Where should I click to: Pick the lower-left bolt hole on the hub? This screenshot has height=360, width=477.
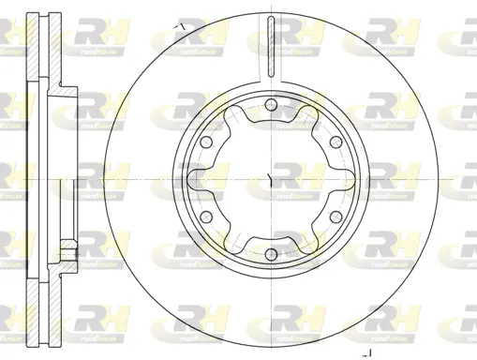205,215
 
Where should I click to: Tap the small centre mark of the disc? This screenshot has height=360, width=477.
270,177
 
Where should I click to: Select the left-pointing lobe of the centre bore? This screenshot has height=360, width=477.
194,177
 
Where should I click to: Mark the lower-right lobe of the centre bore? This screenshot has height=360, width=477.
306,241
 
